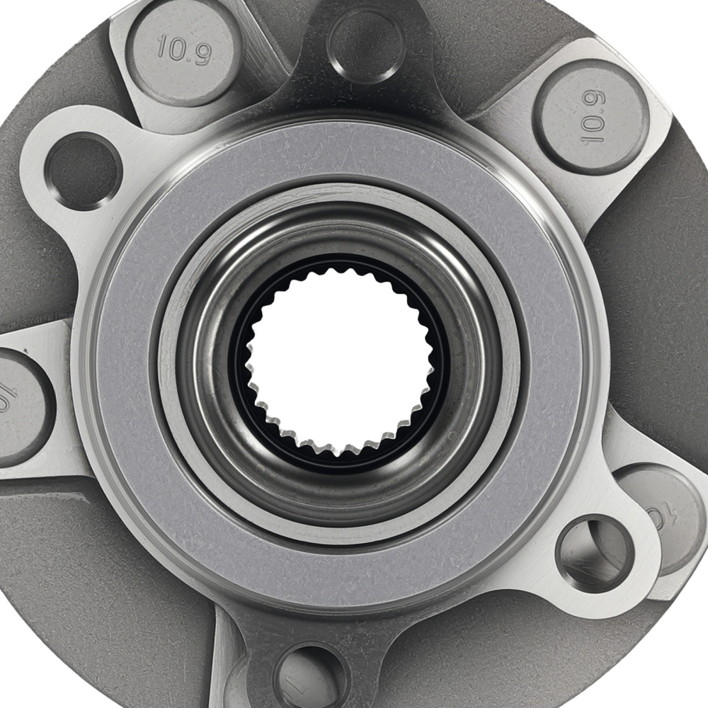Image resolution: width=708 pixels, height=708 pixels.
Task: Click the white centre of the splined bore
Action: coord(340,361)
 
